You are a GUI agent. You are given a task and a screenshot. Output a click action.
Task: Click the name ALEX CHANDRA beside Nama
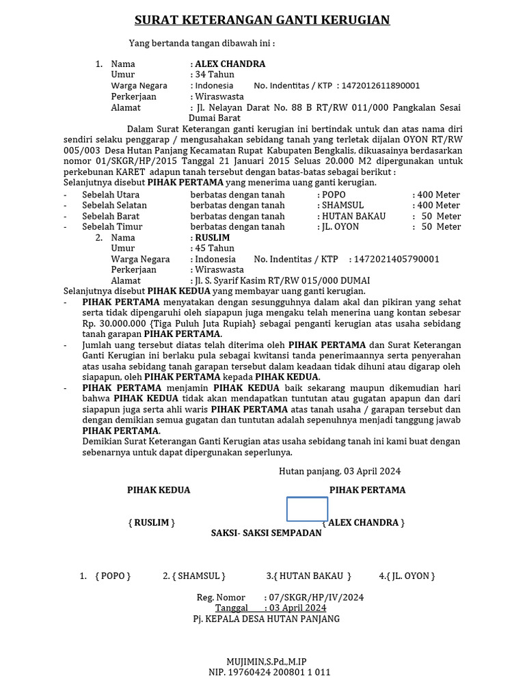pyautogui.click(x=230, y=64)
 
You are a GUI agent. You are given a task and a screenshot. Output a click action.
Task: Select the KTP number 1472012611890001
pyautogui.click(x=381, y=85)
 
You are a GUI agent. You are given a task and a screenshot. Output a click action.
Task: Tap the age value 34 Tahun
pyautogui.click(x=215, y=75)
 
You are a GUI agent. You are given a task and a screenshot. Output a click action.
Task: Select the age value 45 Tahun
pyautogui.click(x=215, y=248)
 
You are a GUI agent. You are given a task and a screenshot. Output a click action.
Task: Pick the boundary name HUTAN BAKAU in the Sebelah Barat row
pyautogui.click(x=354, y=216)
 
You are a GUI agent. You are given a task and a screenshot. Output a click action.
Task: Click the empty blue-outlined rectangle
pyautogui.click(x=307, y=509)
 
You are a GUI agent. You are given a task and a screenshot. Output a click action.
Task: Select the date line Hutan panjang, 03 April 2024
pyautogui.click(x=340, y=471)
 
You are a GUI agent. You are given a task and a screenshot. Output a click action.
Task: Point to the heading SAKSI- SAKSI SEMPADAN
pyautogui.click(x=266, y=533)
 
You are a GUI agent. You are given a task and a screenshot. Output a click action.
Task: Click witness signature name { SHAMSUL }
pyautogui.click(x=194, y=576)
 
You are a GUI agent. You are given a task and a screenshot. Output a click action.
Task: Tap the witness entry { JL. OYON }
pyautogui.click(x=407, y=576)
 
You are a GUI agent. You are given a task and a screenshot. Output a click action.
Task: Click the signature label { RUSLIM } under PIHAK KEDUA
pyautogui.click(x=152, y=522)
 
